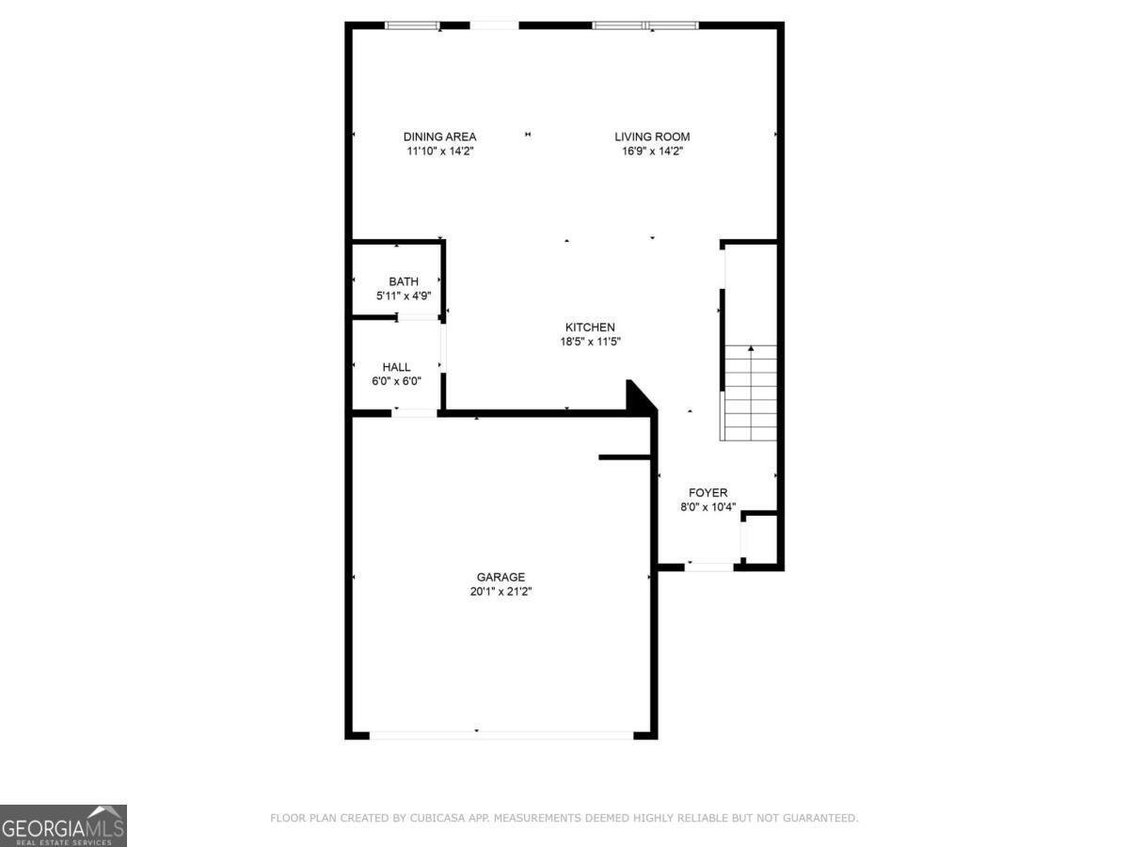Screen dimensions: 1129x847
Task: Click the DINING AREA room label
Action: [439, 136]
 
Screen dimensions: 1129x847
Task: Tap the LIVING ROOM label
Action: [652, 136]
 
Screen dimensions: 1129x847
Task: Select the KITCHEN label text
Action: [590, 328]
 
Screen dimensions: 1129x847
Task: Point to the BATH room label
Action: [404, 281]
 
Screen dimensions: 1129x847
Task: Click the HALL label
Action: [396, 367]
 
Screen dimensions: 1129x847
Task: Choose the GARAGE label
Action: [501, 577]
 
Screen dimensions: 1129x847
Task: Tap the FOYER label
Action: [708, 492]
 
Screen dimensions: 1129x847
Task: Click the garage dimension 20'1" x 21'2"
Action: [501, 591]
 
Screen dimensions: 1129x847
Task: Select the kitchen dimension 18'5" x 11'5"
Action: [590, 342]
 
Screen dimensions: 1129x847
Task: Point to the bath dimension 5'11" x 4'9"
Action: [404, 296]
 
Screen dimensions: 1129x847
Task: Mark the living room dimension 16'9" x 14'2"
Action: [652, 152]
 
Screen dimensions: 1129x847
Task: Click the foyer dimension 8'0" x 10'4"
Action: [708, 507]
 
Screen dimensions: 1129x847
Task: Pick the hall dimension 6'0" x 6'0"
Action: [396, 381]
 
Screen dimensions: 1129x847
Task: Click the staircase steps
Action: [748, 392]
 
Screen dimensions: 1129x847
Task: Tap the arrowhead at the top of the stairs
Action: [751, 348]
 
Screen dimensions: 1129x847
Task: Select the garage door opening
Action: [501, 735]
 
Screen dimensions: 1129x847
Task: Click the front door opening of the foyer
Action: [708, 567]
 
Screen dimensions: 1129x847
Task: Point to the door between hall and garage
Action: [415, 413]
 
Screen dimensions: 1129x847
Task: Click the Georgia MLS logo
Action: [63, 825]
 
